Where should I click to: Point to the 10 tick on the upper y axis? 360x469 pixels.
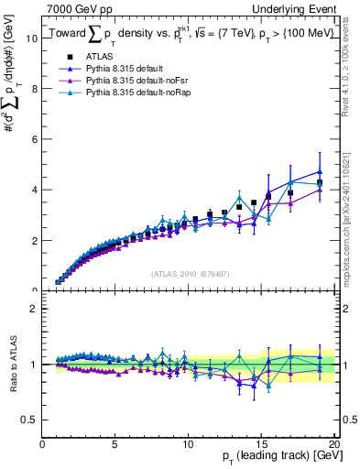pyautogui.click(x=31, y=38)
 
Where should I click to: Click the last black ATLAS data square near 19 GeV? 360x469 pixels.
pyautogui.click(x=320, y=182)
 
